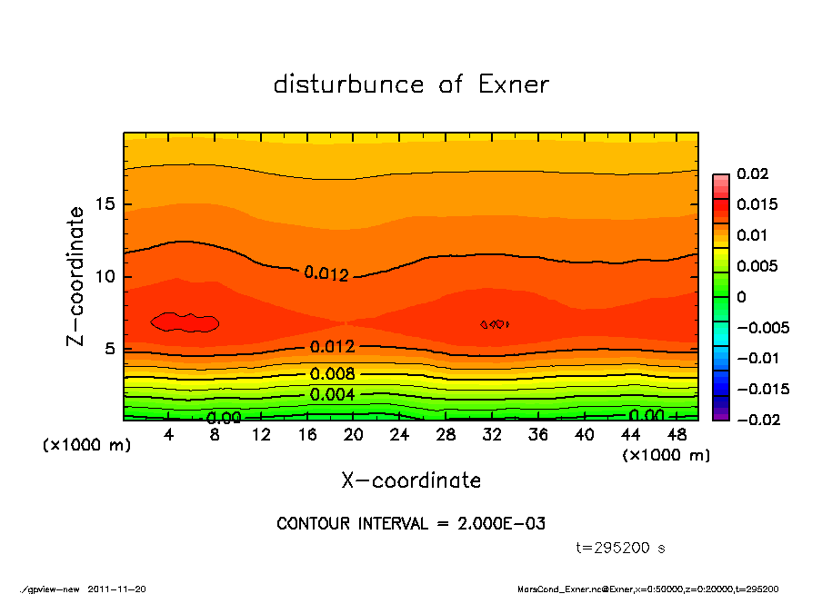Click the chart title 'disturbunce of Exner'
pos(411,84)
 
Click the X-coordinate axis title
pos(411,480)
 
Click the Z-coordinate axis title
pos(76,276)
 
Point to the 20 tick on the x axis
pos(354,434)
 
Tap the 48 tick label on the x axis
pos(677,434)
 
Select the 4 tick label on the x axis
pos(169,434)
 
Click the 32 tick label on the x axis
pos(492,434)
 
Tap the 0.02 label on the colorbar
pos(751,173)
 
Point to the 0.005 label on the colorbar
pos(756,266)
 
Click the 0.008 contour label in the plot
pos(332,373)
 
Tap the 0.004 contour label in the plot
pos(332,394)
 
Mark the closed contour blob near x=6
pos(185,322)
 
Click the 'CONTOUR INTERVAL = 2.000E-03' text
pos(411,524)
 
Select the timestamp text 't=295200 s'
pos(621,548)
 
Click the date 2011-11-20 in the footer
pos(116,589)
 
